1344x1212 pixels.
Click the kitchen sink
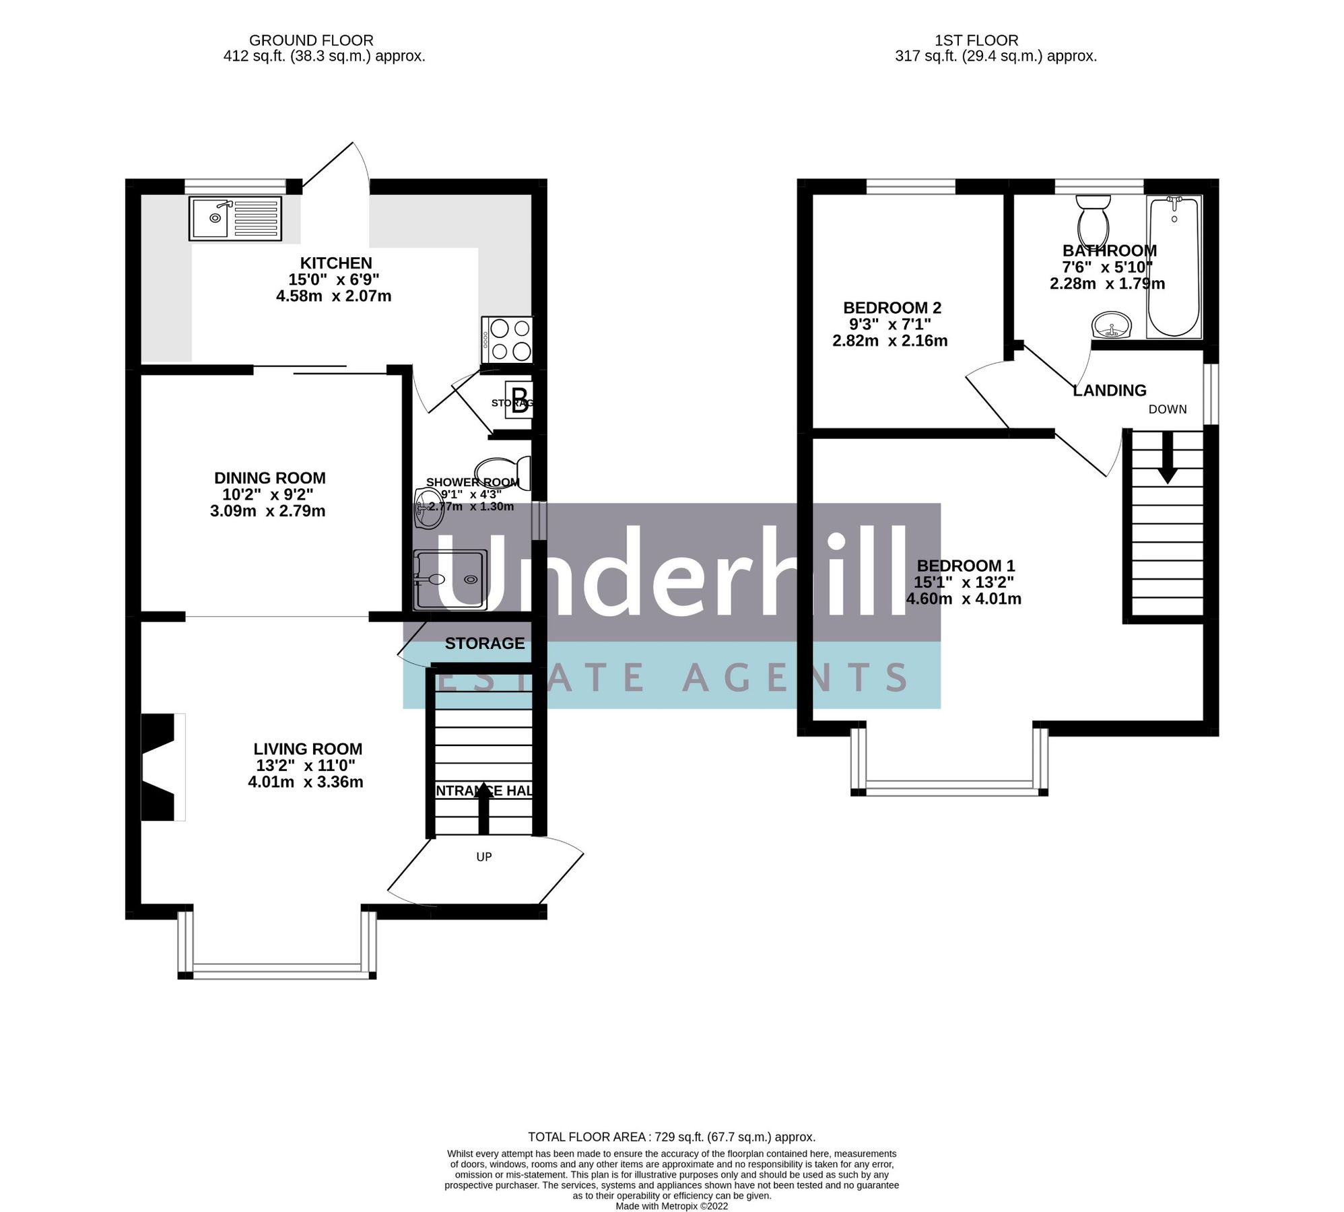click(x=235, y=218)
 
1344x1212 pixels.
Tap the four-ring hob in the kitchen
click(x=508, y=340)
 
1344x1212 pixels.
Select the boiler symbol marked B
click(x=520, y=401)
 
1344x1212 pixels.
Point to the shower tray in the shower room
click(x=449, y=579)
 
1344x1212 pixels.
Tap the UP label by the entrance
click(x=483, y=856)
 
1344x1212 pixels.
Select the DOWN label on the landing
click(x=1167, y=409)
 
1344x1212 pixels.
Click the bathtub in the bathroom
click(x=1174, y=267)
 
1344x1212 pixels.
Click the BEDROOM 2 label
click(x=892, y=308)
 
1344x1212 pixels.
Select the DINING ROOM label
click(x=269, y=478)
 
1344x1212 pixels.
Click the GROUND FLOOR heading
click(x=310, y=40)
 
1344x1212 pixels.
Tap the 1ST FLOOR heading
click(x=976, y=40)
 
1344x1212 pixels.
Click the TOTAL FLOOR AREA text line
click(x=671, y=1137)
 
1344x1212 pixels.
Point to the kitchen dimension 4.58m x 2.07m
click(x=333, y=296)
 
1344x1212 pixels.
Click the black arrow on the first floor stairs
click(x=1167, y=459)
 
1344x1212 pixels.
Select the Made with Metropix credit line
click(x=671, y=1206)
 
